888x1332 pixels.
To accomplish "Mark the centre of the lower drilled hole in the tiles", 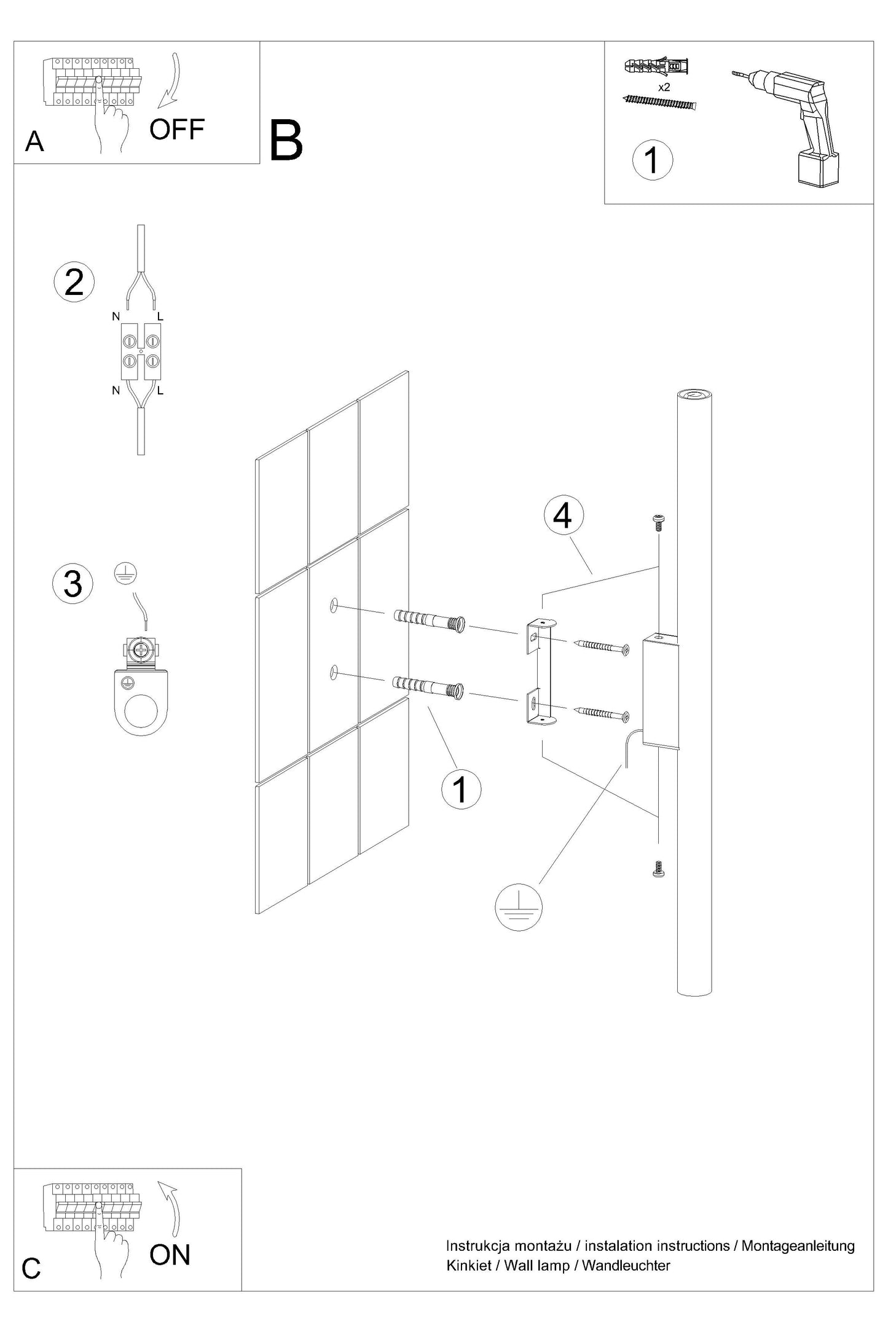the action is pyautogui.click(x=334, y=672).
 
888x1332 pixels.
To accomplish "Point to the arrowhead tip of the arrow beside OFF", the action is pyautogui.click(x=159, y=107).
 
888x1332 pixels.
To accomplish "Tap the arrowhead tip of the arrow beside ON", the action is pyautogui.click(x=160, y=1181).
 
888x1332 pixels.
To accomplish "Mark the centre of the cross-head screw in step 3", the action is pyautogui.click(x=141, y=649).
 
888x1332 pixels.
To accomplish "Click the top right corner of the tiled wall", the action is pyautogui.click(x=408, y=370).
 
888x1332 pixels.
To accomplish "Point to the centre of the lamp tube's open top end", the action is pyautogui.click(x=694, y=395).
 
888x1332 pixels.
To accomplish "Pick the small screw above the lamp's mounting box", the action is pyautogui.click(x=658, y=522).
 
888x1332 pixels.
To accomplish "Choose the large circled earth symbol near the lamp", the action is pyautogui.click(x=519, y=907).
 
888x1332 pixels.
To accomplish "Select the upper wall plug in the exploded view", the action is pyautogui.click(x=429, y=621).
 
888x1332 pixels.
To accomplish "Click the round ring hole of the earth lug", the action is pyautogui.click(x=142, y=714).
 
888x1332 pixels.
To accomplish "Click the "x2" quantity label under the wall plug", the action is pyautogui.click(x=664, y=87).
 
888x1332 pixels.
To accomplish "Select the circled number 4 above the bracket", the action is pyautogui.click(x=563, y=516).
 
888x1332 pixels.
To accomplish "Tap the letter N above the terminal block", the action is pyautogui.click(x=116, y=317).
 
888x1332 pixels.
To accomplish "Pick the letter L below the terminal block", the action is pyautogui.click(x=160, y=391).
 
